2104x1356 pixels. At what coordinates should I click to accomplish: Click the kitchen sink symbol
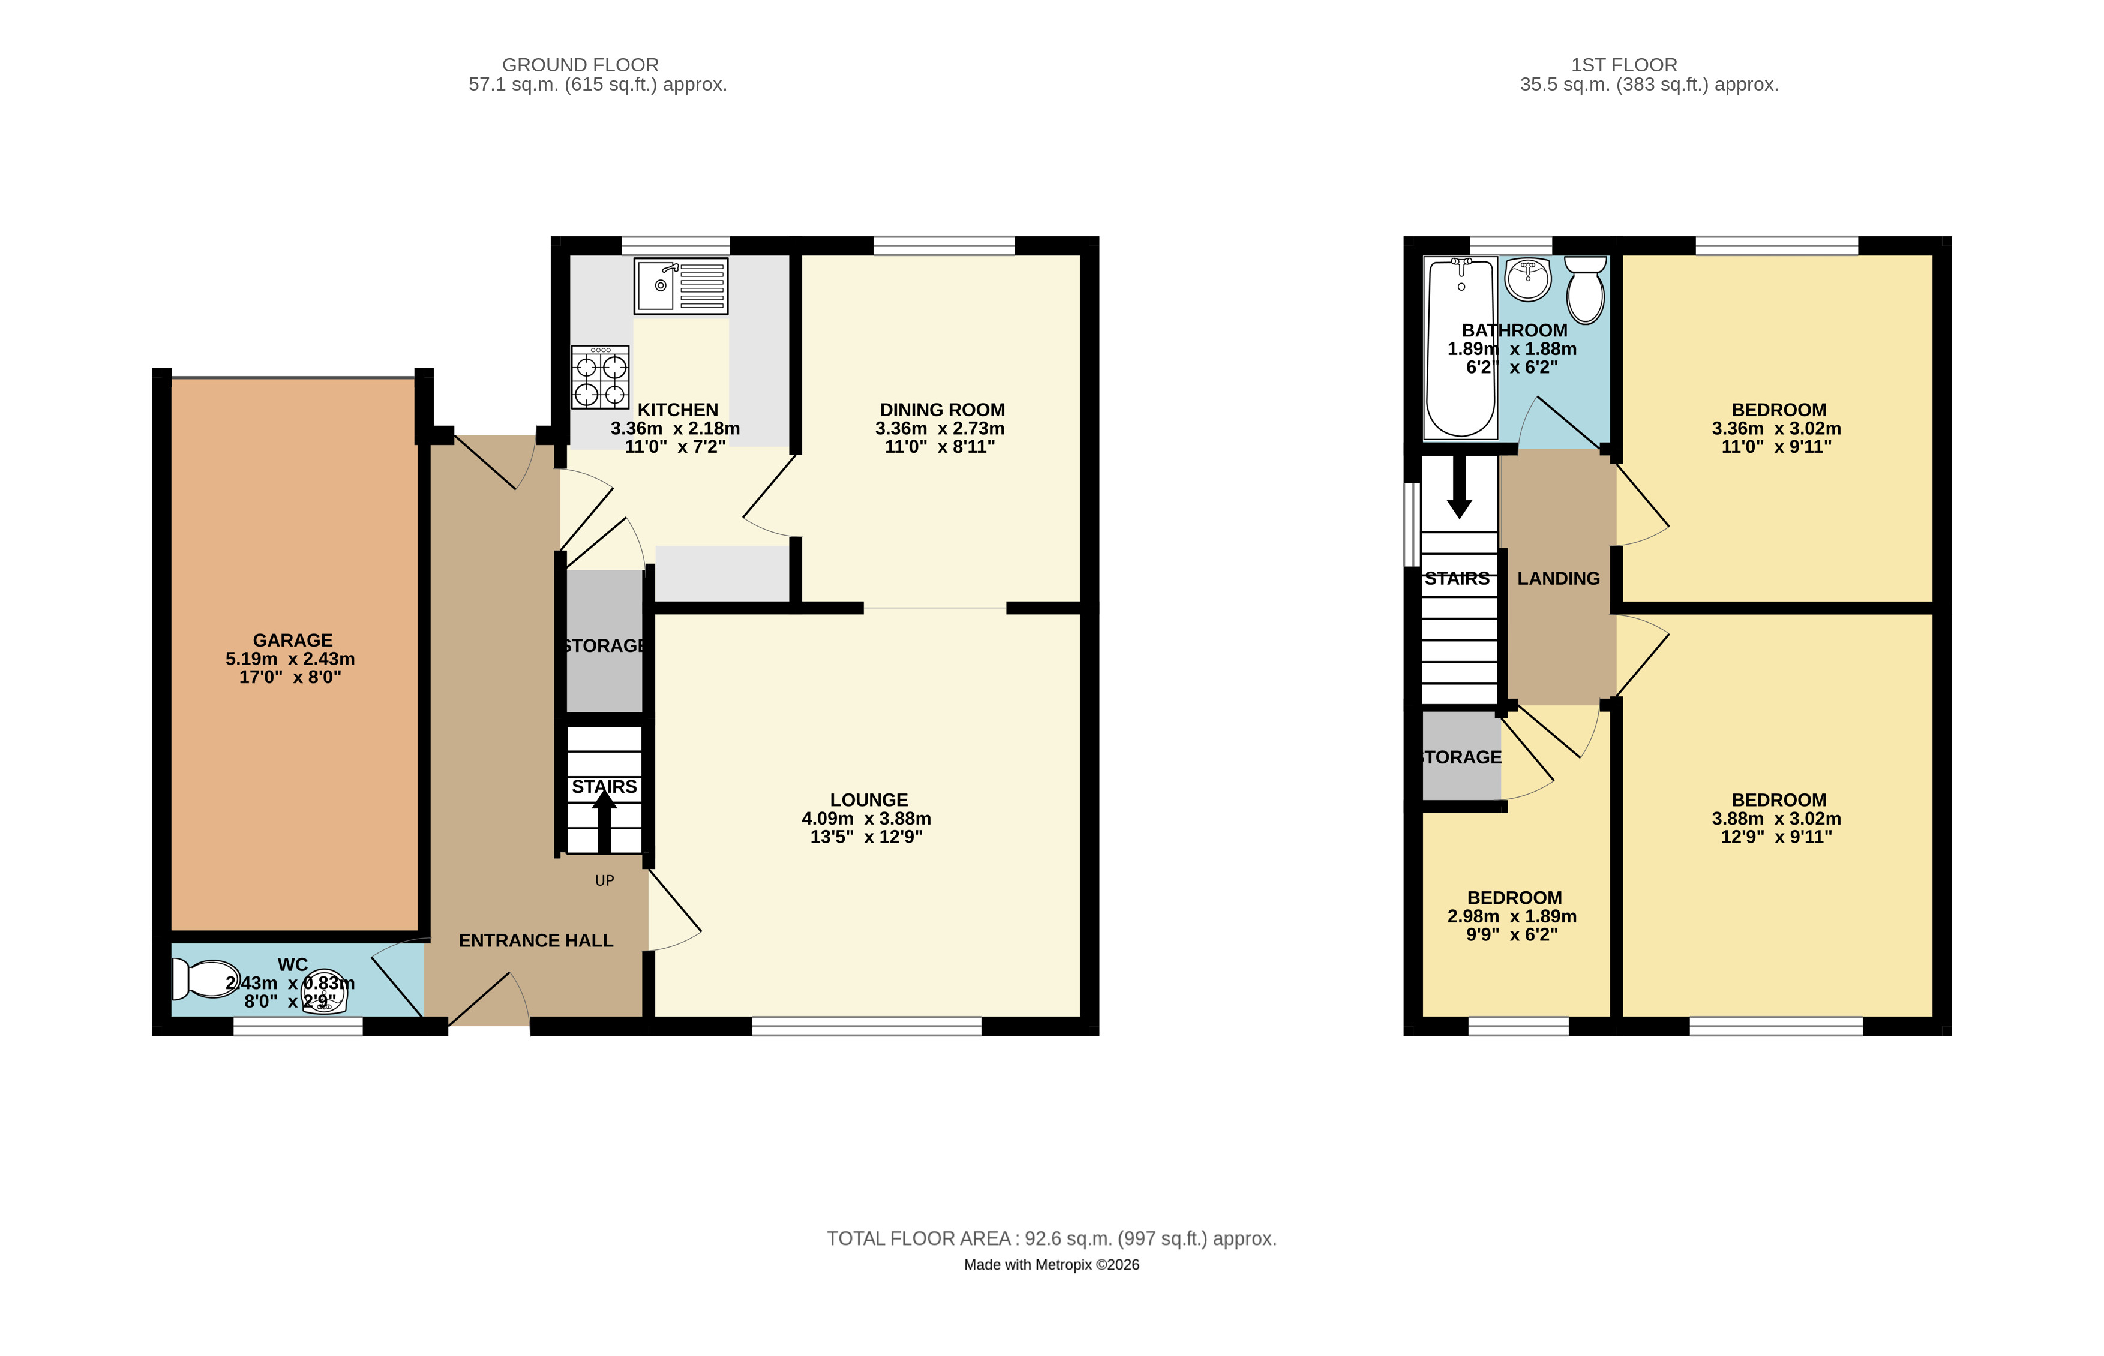681,286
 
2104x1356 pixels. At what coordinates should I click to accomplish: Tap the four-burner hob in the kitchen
601,377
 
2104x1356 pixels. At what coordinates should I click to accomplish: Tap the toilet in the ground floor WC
205,978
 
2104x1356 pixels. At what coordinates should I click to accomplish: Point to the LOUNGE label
868,799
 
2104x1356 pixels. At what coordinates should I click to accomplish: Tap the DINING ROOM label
943,410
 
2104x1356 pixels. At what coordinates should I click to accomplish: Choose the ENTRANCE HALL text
536,940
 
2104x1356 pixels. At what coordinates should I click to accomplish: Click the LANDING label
1558,579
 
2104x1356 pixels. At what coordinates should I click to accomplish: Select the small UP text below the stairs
604,880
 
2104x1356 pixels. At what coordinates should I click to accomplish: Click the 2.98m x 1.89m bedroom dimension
1512,916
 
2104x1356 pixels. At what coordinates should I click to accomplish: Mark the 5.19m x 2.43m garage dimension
290,659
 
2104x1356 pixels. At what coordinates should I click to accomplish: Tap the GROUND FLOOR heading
580,64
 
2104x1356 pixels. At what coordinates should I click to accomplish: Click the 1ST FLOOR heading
1624,64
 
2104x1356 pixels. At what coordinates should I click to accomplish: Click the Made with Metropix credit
1052,1264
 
